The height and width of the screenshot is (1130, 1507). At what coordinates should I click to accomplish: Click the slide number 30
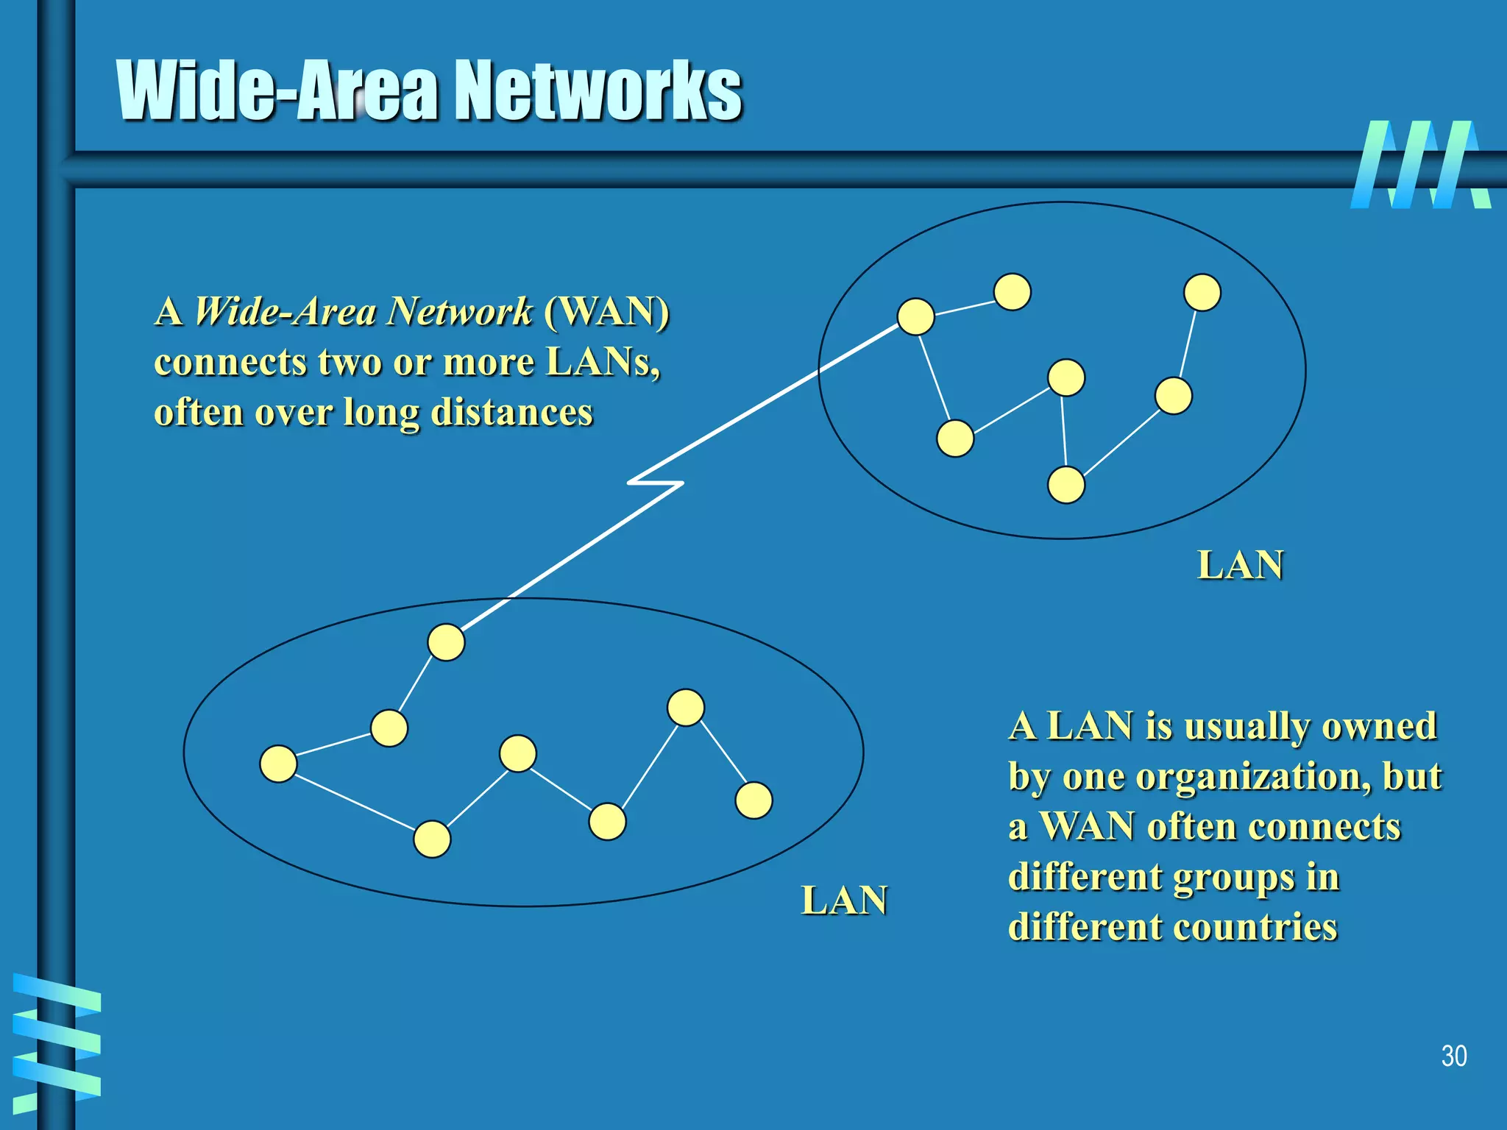(1453, 1056)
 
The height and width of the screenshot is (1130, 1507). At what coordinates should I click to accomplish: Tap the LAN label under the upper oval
(1241, 565)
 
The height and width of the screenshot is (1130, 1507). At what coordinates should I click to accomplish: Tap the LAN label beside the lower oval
(844, 900)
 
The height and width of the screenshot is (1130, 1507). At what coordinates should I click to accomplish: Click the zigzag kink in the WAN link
(655, 483)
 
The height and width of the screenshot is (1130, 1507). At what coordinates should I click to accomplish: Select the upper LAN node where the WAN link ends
(916, 317)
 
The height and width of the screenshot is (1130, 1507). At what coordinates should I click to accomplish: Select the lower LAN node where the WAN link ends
(446, 642)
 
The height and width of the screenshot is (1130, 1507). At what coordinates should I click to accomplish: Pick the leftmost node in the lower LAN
(278, 764)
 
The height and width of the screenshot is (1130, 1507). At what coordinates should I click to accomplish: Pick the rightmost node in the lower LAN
(754, 800)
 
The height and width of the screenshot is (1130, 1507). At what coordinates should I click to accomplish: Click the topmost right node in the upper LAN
(1202, 292)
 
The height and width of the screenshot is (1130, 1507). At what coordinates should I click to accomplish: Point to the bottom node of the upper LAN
(1065, 485)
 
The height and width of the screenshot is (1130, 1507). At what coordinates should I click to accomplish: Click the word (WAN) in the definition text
(607, 311)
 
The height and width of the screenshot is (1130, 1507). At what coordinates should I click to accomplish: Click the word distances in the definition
(511, 412)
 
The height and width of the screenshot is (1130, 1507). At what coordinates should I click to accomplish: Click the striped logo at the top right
(1420, 165)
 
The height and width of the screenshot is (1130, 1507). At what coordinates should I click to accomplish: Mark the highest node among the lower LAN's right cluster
(686, 708)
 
